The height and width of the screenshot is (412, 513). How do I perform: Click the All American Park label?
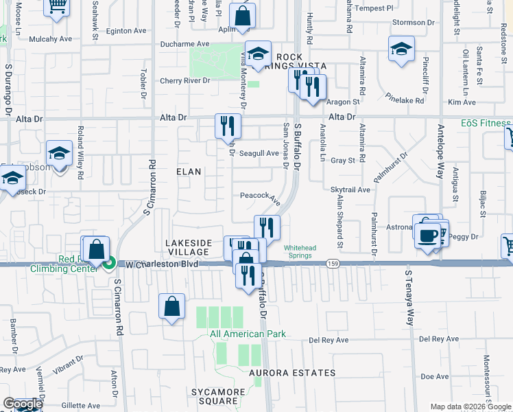(x=248, y=334)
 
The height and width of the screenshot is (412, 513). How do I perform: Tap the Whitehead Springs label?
(x=299, y=251)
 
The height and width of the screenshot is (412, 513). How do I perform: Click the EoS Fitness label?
(x=486, y=123)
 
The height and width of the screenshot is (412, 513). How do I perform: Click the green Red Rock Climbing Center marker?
(x=109, y=262)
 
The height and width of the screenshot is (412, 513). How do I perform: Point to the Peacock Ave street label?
(x=260, y=196)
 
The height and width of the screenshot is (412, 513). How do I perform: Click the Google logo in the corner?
(x=23, y=404)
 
